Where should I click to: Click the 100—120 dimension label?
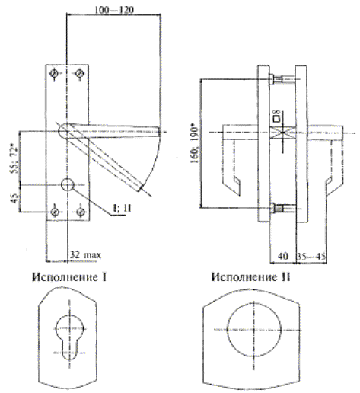tap(114, 10)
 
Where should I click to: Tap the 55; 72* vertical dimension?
tap(15, 159)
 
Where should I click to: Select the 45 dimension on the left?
tap(15, 198)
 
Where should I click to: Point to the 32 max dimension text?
tap(85, 254)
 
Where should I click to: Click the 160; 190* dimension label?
tap(196, 143)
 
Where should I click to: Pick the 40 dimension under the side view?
tap(282, 256)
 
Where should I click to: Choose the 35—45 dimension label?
tap(311, 256)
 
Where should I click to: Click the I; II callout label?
tap(122, 208)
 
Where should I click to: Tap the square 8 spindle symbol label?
tap(276, 115)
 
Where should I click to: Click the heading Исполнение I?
tap(69, 277)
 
